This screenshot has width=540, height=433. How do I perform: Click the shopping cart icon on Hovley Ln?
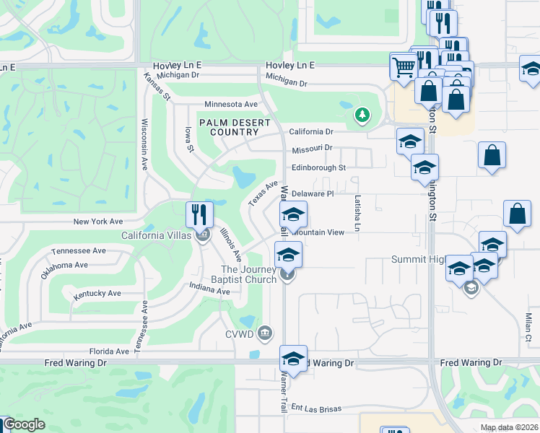[x=403, y=66]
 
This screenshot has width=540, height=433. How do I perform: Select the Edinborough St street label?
[x=319, y=167]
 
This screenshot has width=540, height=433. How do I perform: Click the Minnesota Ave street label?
[x=231, y=105]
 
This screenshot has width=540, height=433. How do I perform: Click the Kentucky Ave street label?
[x=97, y=294]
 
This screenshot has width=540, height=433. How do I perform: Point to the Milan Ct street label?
[x=528, y=323]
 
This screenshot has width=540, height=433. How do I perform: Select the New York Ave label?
[x=98, y=222]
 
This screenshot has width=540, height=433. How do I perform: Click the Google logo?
[x=23, y=424]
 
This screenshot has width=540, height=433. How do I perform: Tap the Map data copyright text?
[x=508, y=427]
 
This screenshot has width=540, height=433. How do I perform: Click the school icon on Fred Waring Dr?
[x=293, y=359]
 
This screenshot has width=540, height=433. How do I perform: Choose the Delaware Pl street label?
[x=313, y=193]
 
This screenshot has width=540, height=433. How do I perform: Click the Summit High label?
[x=417, y=259]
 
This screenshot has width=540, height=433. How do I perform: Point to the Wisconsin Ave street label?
[x=144, y=144]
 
